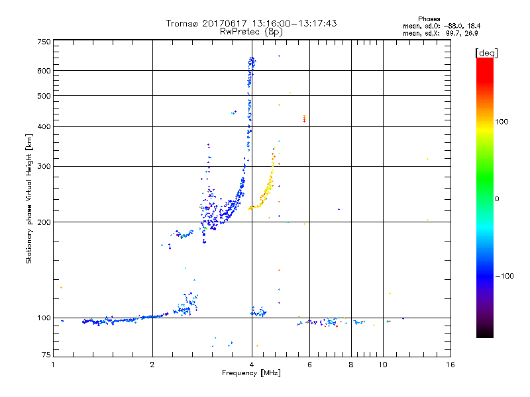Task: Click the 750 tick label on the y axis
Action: (x=44, y=42)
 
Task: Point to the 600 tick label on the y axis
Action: (x=44, y=71)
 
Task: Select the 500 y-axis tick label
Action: (x=44, y=96)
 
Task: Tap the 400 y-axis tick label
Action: (x=44, y=127)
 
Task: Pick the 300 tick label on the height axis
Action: (x=44, y=166)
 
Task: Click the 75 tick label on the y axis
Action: (x=46, y=355)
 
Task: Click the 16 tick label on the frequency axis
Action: (x=450, y=365)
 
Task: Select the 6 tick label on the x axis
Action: (x=310, y=365)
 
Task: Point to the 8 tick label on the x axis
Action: (x=351, y=365)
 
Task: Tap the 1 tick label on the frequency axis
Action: (x=53, y=365)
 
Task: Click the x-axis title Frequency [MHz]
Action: (x=252, y=374)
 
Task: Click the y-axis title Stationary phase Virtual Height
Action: (x=29, y=198)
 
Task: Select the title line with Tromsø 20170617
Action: (x=252, y=23)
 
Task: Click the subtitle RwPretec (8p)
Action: (x=252, y=31)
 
